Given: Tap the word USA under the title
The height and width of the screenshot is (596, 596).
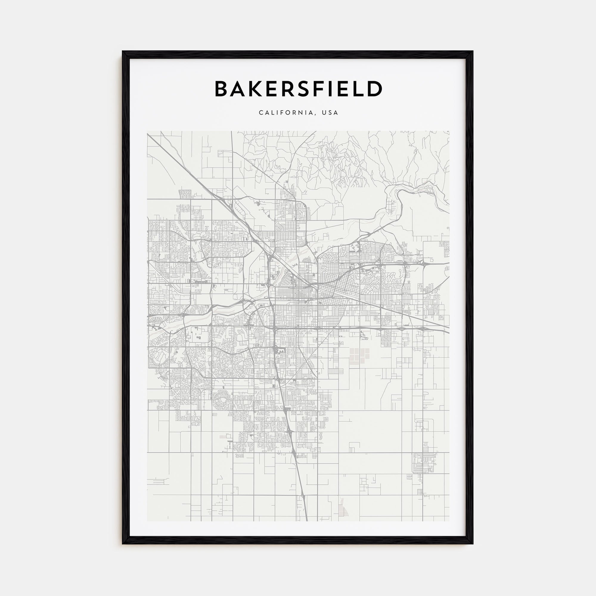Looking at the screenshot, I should click(x=330, y=113).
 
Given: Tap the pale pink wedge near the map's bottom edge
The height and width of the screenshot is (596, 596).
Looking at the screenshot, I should click(x=342, y=510).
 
